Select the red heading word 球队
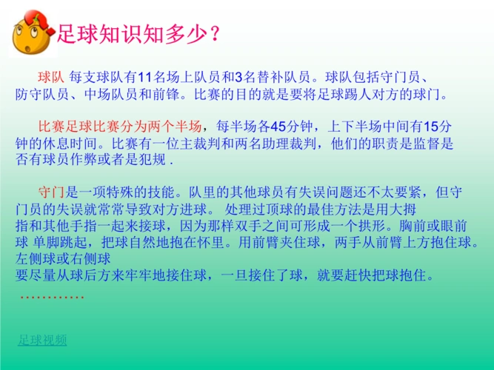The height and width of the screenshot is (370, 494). point(52,76)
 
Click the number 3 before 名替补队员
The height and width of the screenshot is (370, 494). point(238,76)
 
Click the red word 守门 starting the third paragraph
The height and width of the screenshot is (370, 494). point(52,191)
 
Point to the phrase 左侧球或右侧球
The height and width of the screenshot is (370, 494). point(62,259)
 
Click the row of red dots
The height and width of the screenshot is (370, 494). point(52,297)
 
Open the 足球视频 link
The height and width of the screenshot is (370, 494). point(42,340)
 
